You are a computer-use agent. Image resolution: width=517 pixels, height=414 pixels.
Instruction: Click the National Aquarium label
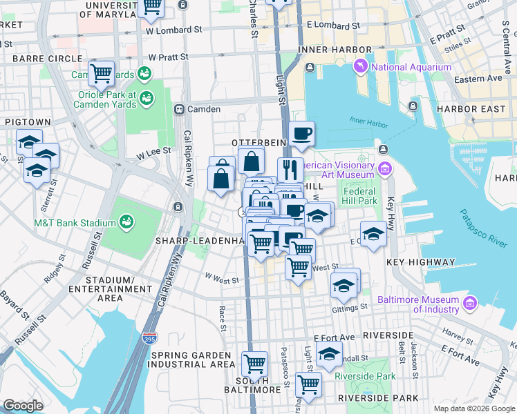coord(411,67)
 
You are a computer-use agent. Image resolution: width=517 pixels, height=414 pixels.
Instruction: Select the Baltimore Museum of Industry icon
coord(471,303)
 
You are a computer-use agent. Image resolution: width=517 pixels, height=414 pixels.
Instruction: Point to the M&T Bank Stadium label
coord(75,223)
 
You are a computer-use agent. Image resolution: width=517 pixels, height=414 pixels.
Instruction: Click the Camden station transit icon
coord(178,109)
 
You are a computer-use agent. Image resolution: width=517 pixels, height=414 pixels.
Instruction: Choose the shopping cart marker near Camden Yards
coord(102,72)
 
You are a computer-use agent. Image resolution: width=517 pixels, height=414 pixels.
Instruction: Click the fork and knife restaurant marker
coord(291,169)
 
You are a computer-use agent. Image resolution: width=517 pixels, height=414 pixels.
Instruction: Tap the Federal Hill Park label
coord(359,196)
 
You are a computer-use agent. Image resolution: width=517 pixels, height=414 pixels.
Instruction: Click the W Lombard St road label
coord(174,30)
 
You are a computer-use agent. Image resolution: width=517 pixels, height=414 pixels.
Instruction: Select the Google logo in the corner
coord(23,406)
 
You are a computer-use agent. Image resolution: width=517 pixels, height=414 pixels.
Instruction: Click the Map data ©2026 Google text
coord(473,408)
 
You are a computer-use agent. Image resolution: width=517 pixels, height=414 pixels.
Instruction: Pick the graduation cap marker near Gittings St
coord(344,284)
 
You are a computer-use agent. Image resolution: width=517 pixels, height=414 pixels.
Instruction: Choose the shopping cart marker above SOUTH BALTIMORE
coord(255,362)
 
